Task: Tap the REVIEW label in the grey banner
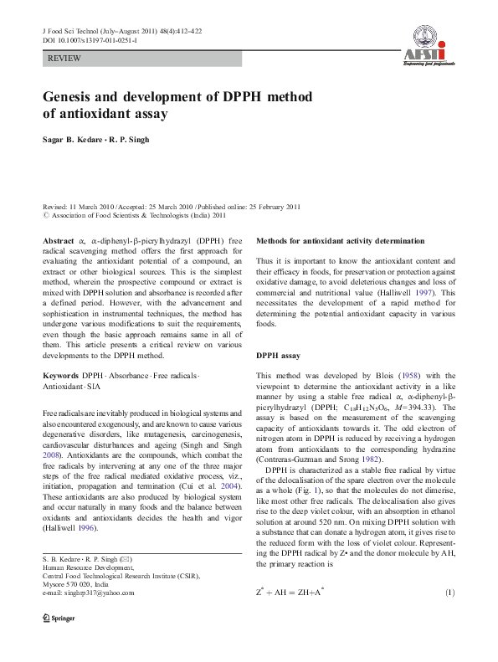(x=65, y=59)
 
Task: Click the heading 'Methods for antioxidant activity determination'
(x=339, y=241)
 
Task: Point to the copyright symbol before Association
(x=46, y=215)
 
